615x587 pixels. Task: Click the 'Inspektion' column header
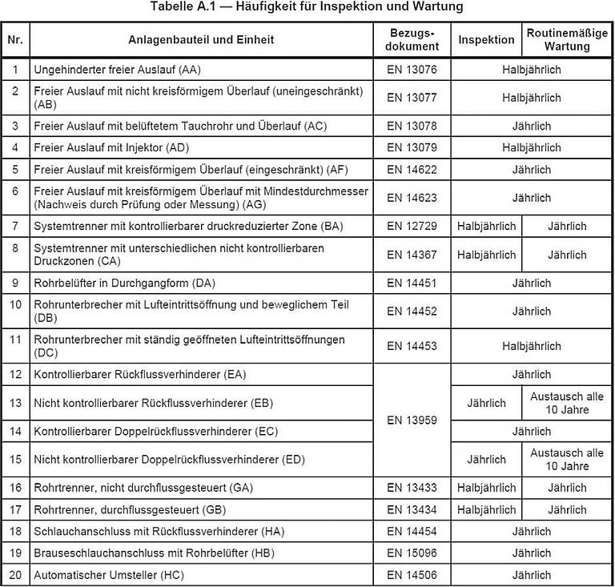pos(486,39)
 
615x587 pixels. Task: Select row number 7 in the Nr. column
pos(15,227)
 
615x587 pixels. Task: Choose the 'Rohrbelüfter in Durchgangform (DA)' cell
pos(124,283)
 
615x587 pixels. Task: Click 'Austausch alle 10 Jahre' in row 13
pos(567,403)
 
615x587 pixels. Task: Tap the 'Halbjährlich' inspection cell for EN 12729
pos(486,227)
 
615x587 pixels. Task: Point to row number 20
pos(15,575)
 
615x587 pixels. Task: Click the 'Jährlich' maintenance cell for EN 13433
pos(567,488)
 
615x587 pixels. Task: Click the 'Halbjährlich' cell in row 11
pos(531,347)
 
